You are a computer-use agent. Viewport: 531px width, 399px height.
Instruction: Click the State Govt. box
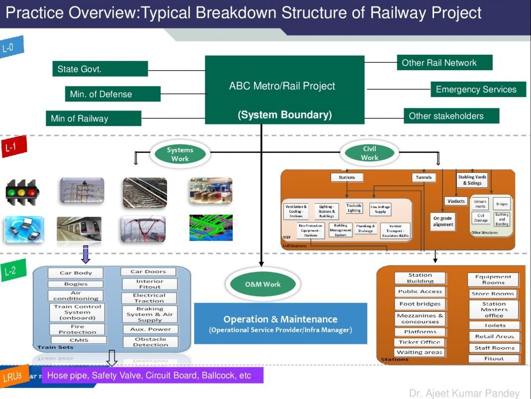[99, 69]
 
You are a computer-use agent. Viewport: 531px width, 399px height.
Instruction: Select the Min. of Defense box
[112, 94]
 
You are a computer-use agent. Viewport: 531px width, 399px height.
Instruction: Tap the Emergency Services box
[478, 90]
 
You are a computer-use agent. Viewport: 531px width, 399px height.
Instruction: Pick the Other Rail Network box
[444, 63]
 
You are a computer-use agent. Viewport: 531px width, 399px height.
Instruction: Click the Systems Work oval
[180, 154]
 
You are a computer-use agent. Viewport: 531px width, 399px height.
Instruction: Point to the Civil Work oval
[369, 153]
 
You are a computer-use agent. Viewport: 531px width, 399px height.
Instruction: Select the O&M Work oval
[263, 284]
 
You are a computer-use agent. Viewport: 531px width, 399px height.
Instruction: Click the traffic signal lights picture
[21, 192]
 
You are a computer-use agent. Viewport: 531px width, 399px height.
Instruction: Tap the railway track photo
[145, 192]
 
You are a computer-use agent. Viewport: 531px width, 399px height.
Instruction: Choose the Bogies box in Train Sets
[76, 284]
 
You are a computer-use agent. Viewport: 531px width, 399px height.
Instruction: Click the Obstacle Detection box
[150, 342]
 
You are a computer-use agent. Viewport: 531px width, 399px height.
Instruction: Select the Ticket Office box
[419, 342]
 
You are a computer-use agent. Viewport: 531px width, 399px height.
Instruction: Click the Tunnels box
[424, 177]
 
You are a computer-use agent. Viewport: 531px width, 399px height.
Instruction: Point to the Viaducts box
[455, 201]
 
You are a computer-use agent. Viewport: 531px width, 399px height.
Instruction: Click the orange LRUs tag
[12, 376]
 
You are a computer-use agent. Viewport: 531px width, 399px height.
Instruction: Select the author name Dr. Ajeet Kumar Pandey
[464, 393]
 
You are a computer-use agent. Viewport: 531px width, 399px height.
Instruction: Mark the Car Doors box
[148, 271]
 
